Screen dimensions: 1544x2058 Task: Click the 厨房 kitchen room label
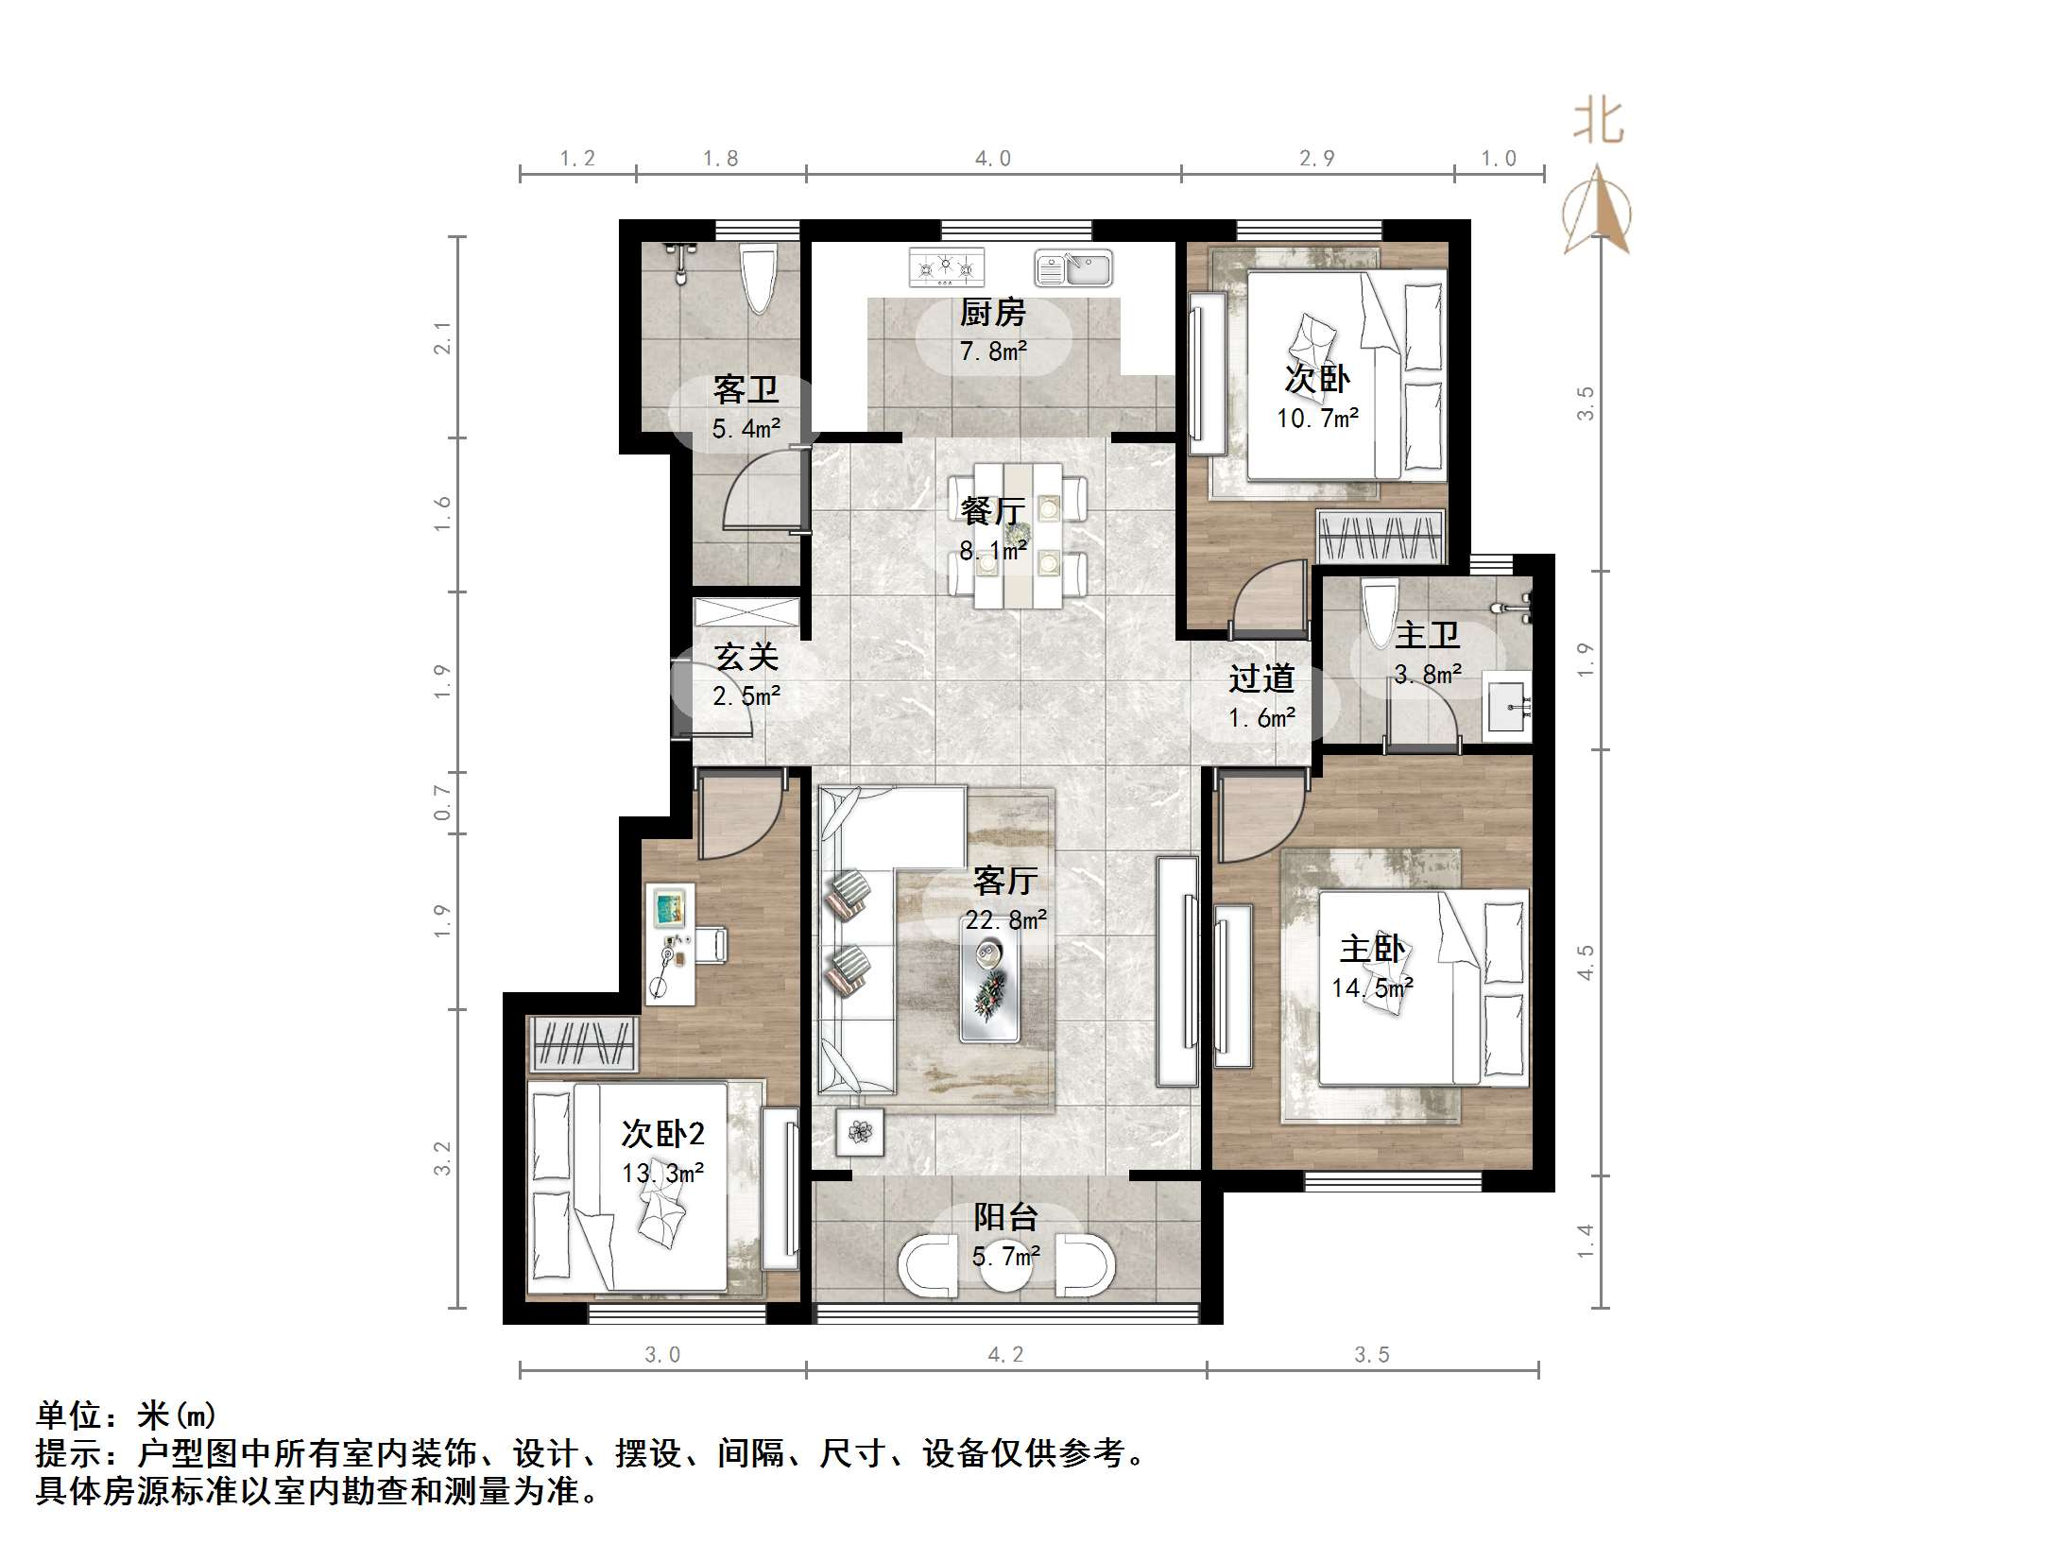point(992,312)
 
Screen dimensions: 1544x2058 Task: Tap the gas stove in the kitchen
point(946,267)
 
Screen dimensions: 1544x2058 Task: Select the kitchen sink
point(1073,268)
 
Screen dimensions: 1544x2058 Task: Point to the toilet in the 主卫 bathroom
point(1379,614)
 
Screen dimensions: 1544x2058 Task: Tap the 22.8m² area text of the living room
point(1005,919)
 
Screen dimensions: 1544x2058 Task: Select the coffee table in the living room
point(989,978)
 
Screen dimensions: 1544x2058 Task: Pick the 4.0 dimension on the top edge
point(992,159)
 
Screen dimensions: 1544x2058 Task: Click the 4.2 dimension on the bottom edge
point(1005,1354)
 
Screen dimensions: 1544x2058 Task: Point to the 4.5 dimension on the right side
point(1585,962)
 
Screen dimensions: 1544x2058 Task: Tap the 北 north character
point(1598,123)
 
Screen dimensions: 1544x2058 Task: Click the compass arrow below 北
point(1597,213)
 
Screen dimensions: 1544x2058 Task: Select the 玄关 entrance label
point(746,656)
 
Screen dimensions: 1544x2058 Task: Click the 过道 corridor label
point(1261,678)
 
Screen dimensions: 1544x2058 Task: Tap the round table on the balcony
point(1005,1268)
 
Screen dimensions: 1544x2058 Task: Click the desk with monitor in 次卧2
point(671,943)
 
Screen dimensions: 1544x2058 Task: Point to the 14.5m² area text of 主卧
point(1372,988)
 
